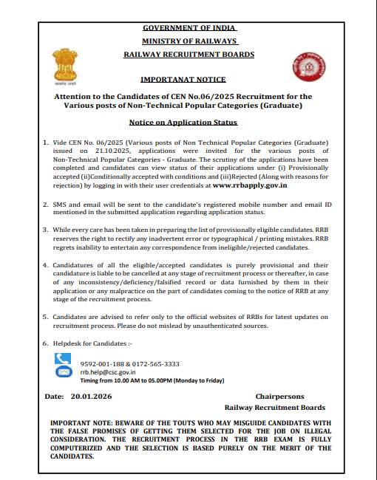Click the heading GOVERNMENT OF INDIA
(x=188, y=28)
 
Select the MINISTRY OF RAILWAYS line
(x=188, y=41)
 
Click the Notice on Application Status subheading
(x=183, y=122)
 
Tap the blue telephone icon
(x=63, y=360)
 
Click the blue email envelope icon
(x=63, y=373)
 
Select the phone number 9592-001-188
(x=103, y=364)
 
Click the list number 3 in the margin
(x=45, y=230)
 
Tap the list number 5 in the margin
(x=45, y=316)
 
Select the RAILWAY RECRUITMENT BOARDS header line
(x=188, y=55)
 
